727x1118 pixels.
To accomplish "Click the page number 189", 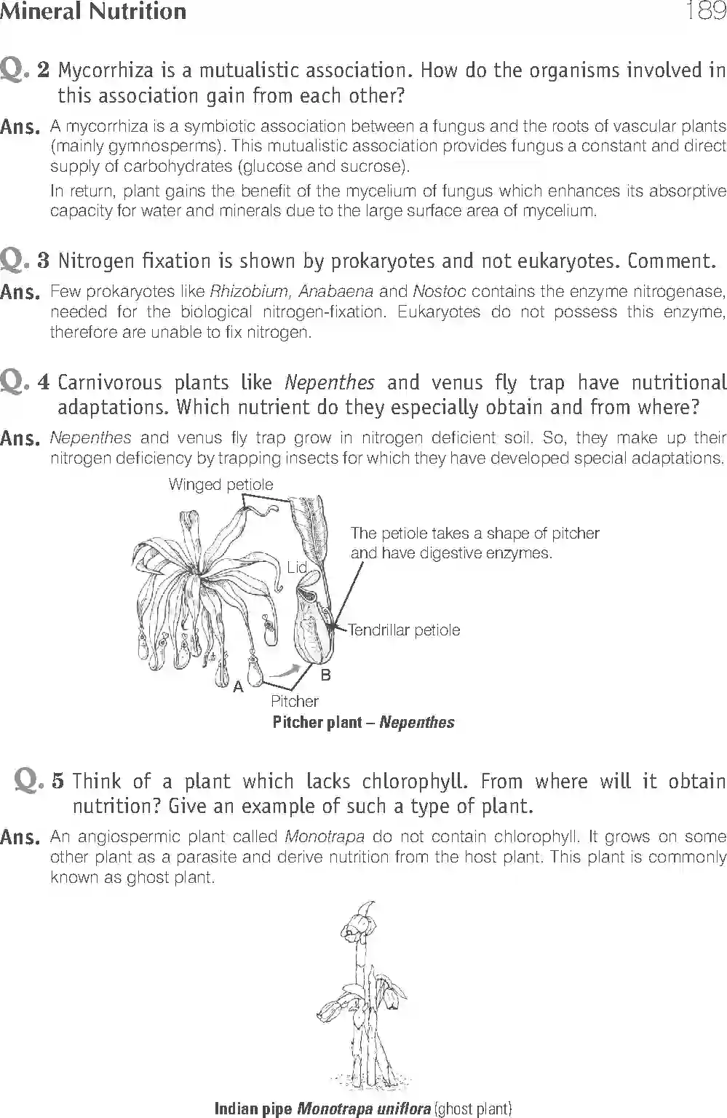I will (x=705, y=11).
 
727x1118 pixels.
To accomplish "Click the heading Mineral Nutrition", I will (x=93, y=11).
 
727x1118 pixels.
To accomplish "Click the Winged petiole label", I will (x=221, y=485).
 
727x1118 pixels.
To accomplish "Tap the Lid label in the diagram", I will (x=296, y=567).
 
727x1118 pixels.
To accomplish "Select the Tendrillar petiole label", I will (x=404, y=630).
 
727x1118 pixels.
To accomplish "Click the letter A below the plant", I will (x=237, y=686).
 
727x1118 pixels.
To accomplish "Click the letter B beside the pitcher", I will (x=325, y=675).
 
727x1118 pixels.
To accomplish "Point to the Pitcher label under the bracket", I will (x=294, y=702).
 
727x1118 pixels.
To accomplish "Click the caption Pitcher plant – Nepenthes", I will (x=363, y=723).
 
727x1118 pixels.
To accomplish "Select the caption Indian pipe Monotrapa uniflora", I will (x=363, y=1109).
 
